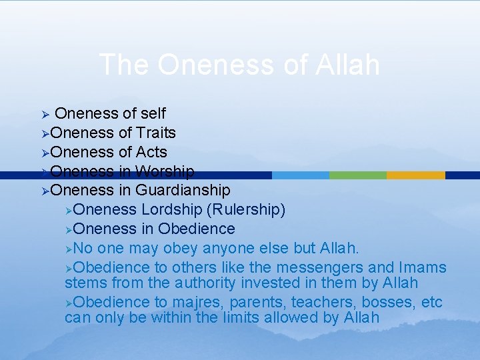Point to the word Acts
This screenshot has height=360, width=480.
click(151, 152)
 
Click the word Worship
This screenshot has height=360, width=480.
click(165, 171)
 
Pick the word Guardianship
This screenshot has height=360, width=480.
click(183, 191)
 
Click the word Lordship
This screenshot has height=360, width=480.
click(171, 210)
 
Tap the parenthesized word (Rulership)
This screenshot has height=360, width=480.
click(246, 210)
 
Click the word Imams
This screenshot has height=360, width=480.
click(423, 268)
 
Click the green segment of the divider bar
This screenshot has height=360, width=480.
click(357, 175)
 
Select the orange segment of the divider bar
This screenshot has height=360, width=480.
click(415, 175)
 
